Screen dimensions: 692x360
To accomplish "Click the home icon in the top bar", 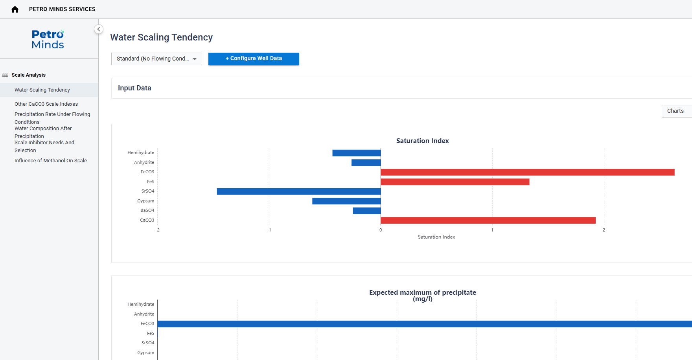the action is point(15,9).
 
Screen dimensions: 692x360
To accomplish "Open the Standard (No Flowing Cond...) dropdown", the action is point(156,59).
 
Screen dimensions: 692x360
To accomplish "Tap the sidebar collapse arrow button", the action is point(99,29).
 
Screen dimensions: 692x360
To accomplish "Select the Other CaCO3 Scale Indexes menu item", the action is point(46,104).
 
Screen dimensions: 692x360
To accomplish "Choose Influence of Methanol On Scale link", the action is point(51,161).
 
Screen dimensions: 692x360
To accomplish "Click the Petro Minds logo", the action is point(48,39).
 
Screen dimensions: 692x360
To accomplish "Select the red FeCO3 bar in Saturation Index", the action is point(528,172).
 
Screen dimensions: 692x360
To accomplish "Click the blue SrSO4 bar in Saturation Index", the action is point(299,191).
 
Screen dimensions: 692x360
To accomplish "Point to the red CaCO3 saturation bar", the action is point(488,220).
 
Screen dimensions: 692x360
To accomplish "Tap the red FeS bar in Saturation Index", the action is point(455,182).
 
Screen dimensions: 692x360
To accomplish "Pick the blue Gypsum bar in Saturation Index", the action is point(346,201).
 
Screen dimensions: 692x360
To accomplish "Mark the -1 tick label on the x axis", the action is point(269,230).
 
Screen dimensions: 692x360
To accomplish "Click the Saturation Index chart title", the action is point(423,141).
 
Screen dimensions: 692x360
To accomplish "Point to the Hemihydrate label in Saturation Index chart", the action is point(141,152).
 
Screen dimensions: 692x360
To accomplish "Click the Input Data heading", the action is point(134,88).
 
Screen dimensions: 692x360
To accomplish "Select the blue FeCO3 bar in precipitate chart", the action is point(425,324).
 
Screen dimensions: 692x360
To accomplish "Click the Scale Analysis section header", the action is point(28,75).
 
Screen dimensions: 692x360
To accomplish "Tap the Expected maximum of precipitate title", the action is point(423,296).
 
